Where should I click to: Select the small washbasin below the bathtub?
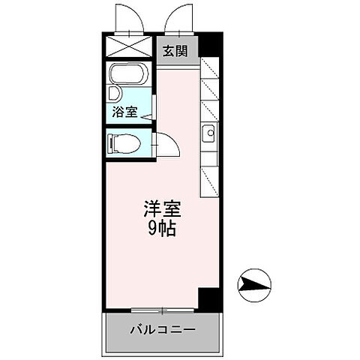115,94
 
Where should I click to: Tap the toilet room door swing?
166,144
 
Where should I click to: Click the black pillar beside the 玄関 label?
208,49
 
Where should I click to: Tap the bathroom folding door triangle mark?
147,115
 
